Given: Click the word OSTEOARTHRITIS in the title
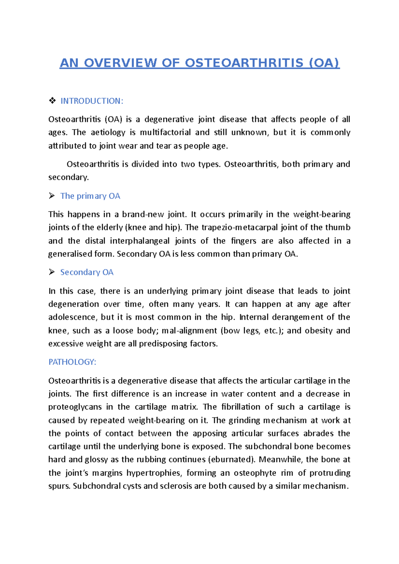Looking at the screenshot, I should tap(244, 63).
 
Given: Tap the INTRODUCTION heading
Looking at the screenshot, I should tap(92, 101).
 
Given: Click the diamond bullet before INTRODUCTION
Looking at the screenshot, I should tap(52, 101).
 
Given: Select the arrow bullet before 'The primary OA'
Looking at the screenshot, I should tap(52, 196).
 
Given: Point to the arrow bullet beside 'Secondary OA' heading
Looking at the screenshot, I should tap(52, 272).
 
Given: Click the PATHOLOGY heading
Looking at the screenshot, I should tap(72, 362).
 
